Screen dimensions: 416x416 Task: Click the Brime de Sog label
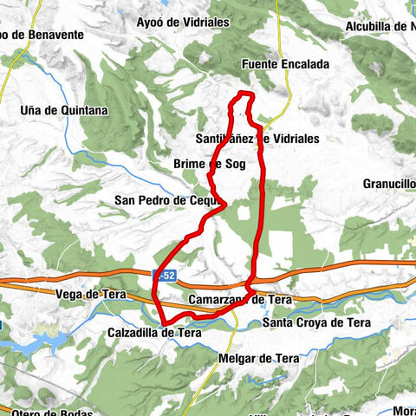pyautogui.click(x=211, y=164)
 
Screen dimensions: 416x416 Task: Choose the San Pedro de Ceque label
pyautogui.click(x=170, y=200)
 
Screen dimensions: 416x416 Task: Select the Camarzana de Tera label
pyautogui.click(x=239, y=300)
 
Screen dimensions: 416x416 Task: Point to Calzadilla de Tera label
pyautogui.click(x=154, y=331)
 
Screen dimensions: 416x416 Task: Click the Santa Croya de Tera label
pyautogui.click(x=315, y=323)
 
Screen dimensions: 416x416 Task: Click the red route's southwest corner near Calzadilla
pyautogui.click(x=164, y=324)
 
